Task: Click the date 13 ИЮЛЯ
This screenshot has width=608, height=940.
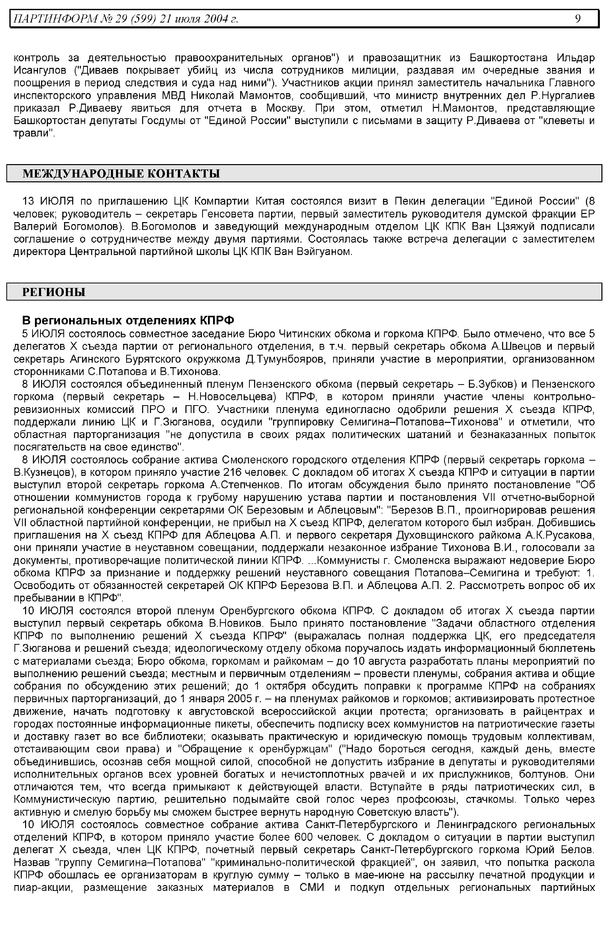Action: tap(48, 201)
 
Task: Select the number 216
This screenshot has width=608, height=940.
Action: tap(233, 472)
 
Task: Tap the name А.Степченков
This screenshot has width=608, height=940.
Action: tap(250, 485)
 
